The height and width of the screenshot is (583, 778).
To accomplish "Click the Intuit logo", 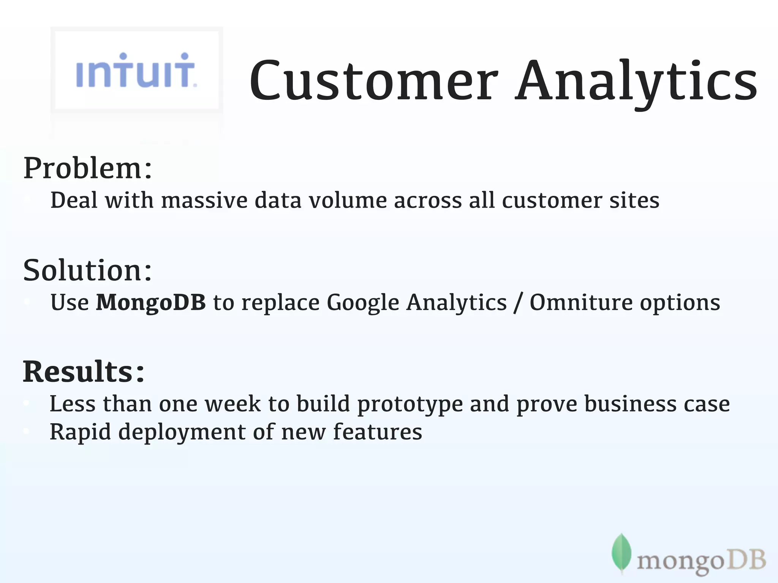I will coord(136,71).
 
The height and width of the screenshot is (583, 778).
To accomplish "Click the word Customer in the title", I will coord(373,82).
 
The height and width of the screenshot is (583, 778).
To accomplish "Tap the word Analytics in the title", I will coord(636,82).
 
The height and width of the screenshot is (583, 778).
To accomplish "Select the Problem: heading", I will coord(88,168).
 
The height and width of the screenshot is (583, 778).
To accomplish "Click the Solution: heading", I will coord(88,270).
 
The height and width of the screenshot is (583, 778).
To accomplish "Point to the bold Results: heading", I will coord(84,372).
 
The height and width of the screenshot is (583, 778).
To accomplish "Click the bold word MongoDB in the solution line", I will coord(151,303).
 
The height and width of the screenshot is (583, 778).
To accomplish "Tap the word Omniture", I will coord(581,303).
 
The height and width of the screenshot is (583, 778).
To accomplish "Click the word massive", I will coord(204,200).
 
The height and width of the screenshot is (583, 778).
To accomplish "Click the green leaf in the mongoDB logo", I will coord(621,553).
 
